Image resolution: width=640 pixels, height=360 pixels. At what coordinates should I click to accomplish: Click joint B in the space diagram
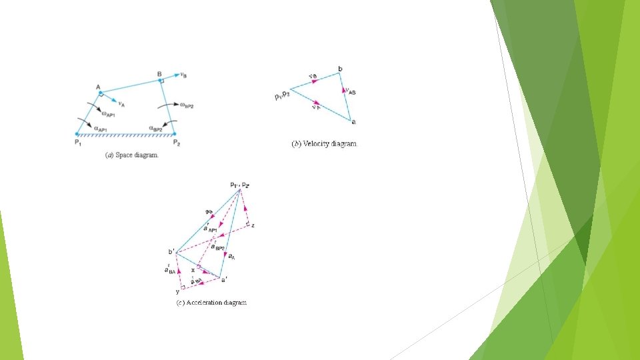[161, 80]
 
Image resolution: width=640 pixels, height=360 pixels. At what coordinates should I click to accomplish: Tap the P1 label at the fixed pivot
[78, 143]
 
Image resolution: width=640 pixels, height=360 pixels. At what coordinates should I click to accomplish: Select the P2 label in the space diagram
[176, 143]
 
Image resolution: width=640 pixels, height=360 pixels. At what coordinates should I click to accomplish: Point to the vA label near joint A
[121, 103]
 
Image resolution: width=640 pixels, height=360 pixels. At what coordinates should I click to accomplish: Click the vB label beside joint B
[183, 75]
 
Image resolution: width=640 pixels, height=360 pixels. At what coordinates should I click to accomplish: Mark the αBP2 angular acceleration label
[157, 128]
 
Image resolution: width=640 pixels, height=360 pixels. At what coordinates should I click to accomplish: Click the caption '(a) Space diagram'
[132, 155]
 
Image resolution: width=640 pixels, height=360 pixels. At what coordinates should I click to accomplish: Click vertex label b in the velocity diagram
[340, 69]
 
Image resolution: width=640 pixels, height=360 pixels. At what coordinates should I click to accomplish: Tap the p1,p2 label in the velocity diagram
[283, 97]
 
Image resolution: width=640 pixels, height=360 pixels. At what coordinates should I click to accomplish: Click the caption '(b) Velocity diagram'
[325, 143]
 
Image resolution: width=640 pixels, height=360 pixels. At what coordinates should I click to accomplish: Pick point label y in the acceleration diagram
[177, 291]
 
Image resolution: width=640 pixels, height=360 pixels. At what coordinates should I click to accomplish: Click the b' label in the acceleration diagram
[171, 251]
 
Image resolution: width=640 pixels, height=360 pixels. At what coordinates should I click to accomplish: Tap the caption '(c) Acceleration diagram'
[211, 303]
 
